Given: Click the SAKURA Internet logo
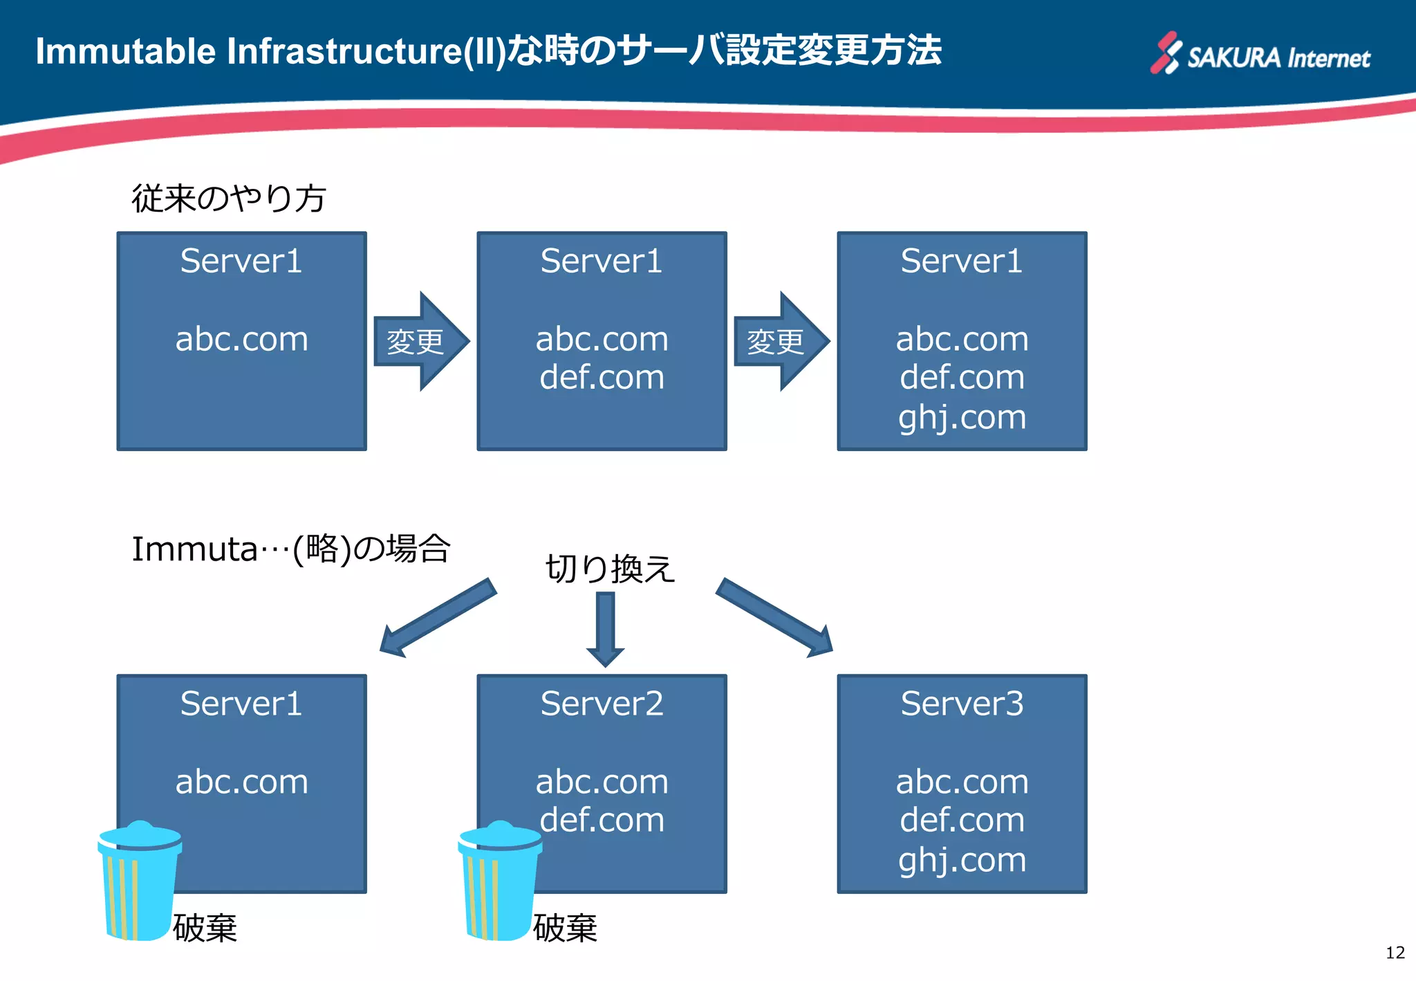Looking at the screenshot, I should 1260,54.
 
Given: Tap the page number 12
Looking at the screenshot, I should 1395,953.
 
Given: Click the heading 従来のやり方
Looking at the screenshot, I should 228,199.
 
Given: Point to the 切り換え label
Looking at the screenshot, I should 609,569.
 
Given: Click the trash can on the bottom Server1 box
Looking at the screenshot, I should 140,882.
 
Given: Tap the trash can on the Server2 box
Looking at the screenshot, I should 499,882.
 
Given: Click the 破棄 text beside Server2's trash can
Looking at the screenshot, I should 565,928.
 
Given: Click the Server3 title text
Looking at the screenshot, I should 962,704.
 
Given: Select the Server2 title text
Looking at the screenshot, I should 602,704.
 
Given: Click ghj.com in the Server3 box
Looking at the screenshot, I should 962,860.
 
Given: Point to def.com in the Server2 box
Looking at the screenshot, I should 602,820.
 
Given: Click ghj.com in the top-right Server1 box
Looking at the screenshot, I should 962,417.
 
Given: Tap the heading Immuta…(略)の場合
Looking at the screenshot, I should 290,549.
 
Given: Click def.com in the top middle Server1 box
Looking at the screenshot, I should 602,377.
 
